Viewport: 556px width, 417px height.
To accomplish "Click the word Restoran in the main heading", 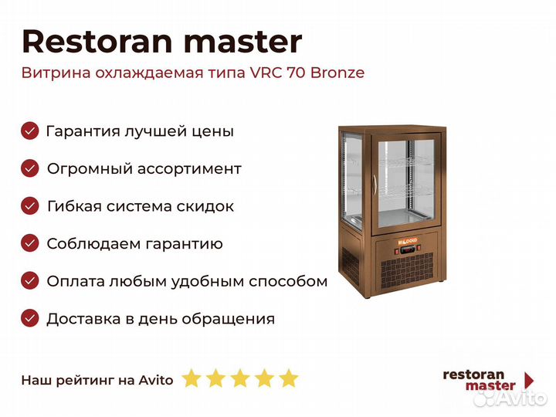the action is (x=97, y=42).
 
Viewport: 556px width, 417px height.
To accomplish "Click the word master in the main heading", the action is (x=243, y=42).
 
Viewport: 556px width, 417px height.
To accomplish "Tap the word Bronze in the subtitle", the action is (x=337, y=73).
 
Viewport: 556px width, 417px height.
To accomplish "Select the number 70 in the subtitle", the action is (x=296, y=73).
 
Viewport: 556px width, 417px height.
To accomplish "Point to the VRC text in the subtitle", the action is (x=266, y=73).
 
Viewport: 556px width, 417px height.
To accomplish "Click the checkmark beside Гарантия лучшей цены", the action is (x=30, y=131).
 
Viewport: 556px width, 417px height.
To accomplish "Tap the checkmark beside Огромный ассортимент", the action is (x=30, y=168).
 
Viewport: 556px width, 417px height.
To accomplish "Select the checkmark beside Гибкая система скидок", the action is (x=30, y=205).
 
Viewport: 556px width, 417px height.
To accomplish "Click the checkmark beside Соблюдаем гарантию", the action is (x=30, y=243).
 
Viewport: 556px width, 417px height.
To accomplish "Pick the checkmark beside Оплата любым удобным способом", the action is (x=30, y=281).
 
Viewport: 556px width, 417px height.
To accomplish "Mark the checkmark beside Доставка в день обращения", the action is (x=30, y=318).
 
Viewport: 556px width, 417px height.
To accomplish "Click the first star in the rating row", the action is (x=192, y=378).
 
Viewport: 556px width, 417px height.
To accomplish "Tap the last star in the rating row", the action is (x=289, y=378).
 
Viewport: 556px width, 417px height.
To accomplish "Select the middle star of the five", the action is (x=240, y=378).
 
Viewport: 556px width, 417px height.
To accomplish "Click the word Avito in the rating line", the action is (x=156, y=380).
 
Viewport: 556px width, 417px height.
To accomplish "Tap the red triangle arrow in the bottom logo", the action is (x=529, y=381).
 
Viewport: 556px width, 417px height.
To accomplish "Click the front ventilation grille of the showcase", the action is (x=408, y=270).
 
